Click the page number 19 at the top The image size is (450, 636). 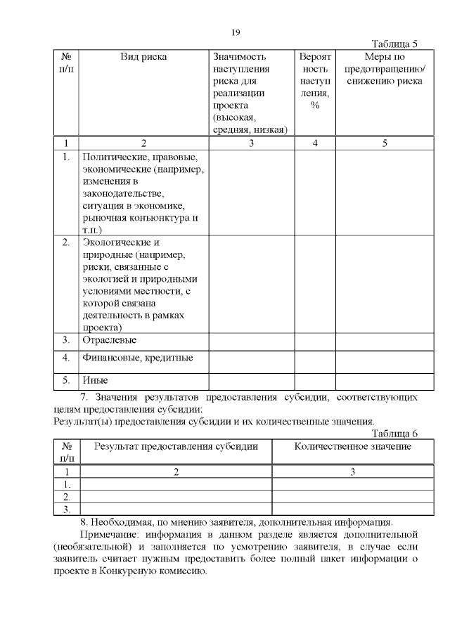tap(236, 32)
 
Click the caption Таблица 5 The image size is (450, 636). tap(394, 44)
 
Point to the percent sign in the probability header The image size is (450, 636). tap(315, 105)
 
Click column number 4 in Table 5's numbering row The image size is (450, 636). tap(315, 143)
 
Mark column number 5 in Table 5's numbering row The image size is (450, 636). tap(385, 143)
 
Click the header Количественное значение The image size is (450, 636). tap(353, 446)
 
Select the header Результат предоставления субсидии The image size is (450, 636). tap(176, 446)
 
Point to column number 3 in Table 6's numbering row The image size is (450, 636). tap(353, 472)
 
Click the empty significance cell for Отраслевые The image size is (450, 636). tap(251, 340)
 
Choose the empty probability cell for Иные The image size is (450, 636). tap(315, 380)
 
